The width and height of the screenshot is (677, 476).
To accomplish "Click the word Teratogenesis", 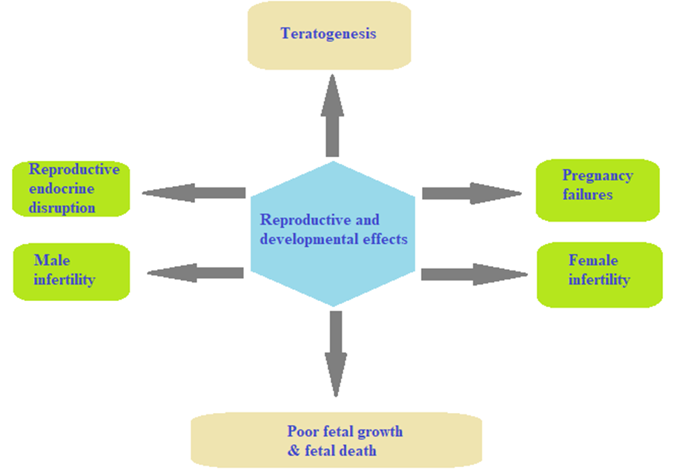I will (x=328, y=33).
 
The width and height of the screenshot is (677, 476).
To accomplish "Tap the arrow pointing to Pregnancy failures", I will (x=472, y=194).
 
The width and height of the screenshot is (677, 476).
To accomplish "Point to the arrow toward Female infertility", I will (x=473, y=274).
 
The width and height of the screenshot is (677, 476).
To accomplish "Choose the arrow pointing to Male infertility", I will (x=196, y=273).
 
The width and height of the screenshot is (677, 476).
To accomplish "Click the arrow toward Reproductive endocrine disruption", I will (x=194, y=193).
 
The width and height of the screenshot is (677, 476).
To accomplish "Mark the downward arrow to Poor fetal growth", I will (x=335, y=352).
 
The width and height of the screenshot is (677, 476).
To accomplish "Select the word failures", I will (x=587, y=194).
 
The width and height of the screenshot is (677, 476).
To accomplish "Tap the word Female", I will (x=593, y=260).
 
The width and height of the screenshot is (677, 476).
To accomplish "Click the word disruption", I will (x=62, y=208).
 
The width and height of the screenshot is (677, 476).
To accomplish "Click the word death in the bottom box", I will (x=360, y=450).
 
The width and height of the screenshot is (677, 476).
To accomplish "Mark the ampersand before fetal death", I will (x=293, y=451).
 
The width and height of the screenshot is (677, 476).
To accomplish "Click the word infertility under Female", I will (x=599, y=280).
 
